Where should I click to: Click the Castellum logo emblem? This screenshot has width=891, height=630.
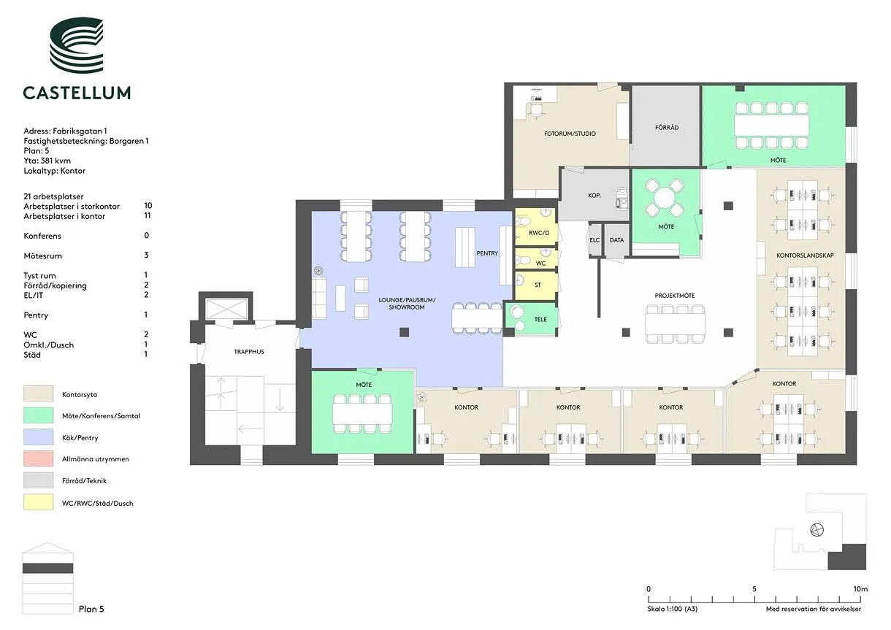point(77,45)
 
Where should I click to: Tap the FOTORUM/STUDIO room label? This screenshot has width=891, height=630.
point(570,134)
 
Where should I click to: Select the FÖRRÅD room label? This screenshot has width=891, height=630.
point(667,128)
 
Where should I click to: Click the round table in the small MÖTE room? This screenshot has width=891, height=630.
point(665,198)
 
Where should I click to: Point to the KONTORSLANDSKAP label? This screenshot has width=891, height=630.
point(805,256)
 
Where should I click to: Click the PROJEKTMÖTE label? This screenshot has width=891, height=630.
point(675,296)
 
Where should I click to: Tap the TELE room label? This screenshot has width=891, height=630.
point(540,320)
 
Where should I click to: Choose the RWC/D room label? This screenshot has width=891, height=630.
point(539,233)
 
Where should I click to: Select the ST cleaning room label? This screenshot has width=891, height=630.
point(538,285)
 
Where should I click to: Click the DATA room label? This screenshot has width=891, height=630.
point(616,240)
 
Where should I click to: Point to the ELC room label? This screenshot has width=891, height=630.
point(594,240)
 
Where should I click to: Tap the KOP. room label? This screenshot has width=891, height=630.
point(594,196)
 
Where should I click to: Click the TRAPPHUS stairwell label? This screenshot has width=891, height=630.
point(249,352)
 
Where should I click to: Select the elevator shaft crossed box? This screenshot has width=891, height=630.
point(226,310)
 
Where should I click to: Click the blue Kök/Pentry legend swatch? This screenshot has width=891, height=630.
point(38,437)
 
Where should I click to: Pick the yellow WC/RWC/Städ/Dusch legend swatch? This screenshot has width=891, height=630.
point(38,502)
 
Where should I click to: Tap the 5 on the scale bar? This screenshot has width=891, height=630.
point(754,589)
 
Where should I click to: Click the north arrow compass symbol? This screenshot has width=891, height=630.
point(817,530)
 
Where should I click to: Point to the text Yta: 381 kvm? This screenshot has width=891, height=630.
point(47,161)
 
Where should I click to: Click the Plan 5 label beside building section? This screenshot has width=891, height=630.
point(91,610)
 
